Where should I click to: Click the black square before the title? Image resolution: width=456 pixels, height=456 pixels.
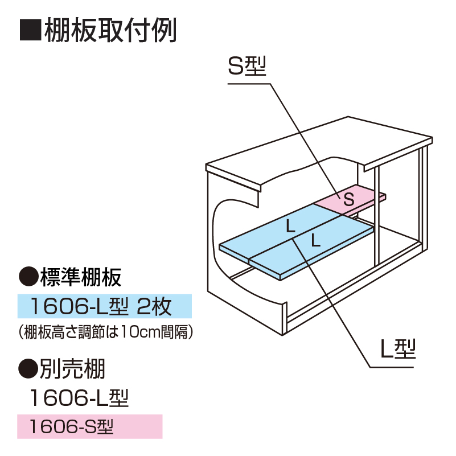coord(31,30)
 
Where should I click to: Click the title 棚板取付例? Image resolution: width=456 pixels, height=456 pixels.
coord(110,30)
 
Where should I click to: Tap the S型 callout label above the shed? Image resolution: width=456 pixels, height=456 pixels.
coord(247,66)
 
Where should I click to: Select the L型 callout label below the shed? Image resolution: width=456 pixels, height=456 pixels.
coord(398,348)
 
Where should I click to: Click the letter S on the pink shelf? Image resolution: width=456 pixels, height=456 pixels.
coord(348,199)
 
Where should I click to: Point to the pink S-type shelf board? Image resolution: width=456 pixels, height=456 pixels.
coord(350,200)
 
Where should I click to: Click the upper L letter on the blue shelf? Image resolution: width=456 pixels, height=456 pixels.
coord(290,226)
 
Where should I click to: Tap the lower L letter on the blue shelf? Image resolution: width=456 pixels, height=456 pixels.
coord(316,240)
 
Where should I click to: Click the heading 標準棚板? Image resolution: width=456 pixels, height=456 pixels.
coord(81,277)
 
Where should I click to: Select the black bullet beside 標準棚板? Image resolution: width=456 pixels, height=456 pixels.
coord(28,277)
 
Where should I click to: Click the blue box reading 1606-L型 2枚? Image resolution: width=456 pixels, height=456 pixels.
coord(105,306)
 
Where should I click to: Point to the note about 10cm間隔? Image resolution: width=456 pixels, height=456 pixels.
coord(106,332)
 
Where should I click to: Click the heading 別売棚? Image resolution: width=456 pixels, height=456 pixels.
coord(72,369)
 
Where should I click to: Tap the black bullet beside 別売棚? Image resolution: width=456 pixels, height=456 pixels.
coord(28,368)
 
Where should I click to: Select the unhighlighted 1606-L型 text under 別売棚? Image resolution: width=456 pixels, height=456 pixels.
coord(79,398)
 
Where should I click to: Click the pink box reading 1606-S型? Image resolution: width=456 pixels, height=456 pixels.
coord(90,426)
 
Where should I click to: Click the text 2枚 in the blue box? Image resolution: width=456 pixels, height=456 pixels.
coord(154,306)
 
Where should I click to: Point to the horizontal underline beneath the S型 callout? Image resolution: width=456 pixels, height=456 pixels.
coord(249,84)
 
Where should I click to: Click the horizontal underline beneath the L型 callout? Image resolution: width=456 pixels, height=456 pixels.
coord(392,367)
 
